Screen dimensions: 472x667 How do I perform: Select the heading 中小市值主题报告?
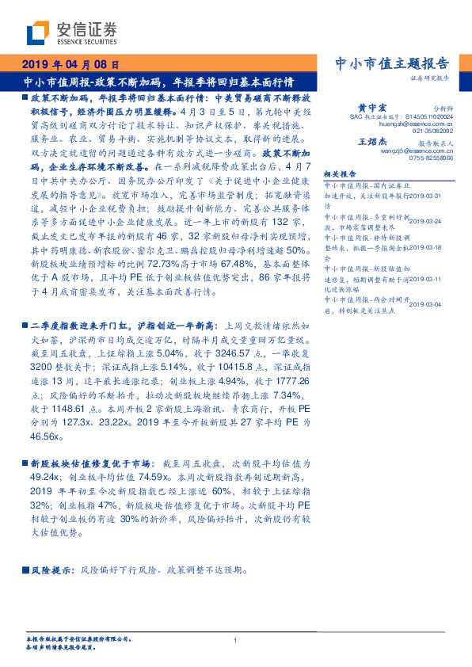pos(393,64)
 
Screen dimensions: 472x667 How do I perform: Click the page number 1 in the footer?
pos(235,639)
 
